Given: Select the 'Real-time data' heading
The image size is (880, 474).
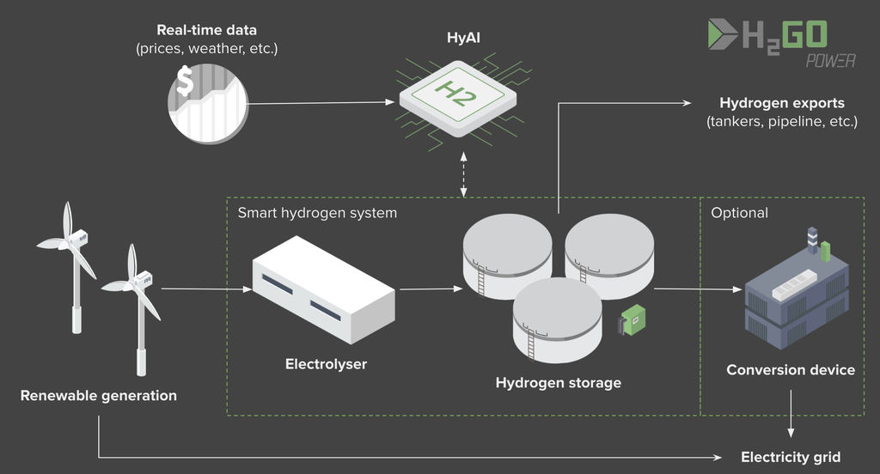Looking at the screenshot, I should [206, 30].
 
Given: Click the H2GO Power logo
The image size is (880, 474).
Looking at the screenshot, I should [767, 42].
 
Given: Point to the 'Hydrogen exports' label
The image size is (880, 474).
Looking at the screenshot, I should [781, 103].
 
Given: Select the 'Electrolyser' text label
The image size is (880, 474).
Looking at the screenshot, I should [326, 364].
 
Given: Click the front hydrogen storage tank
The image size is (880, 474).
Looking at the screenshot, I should [557, 319].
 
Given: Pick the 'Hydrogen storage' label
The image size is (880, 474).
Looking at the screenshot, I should [558, 382].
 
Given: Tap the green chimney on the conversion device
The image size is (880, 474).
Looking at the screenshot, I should [825, 251].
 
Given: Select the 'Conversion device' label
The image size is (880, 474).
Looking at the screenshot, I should [791, 370].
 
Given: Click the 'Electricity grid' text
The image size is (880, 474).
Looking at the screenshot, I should [790, 457].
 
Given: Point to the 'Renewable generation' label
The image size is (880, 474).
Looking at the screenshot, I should [98, 396].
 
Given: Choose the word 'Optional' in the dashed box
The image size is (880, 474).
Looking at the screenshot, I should [739, 212].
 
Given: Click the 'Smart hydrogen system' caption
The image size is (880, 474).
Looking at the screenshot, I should [317, 212].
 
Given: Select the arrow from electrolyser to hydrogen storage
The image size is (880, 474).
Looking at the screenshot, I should [427, 289].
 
